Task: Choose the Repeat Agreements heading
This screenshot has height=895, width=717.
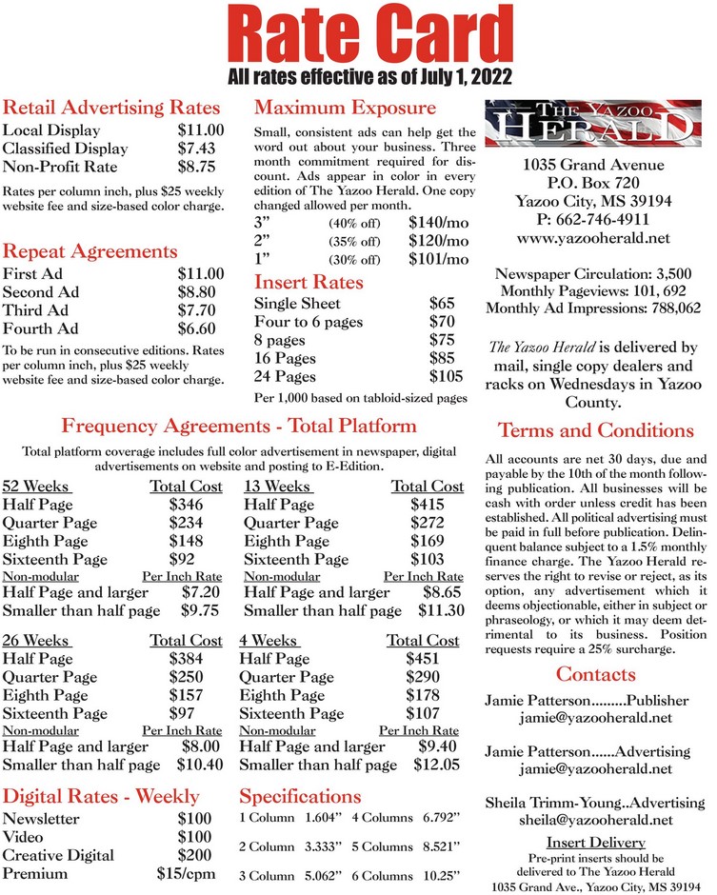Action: point(90,251)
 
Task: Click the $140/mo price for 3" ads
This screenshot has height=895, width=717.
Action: point(438,222)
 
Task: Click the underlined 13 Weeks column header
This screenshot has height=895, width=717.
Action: point(278,487)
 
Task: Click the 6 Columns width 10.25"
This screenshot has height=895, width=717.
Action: point(442,873)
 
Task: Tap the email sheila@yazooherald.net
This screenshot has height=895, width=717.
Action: point(595,820)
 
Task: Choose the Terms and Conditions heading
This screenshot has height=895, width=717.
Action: point(596,430)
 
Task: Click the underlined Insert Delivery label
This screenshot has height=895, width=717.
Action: point(595,843)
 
